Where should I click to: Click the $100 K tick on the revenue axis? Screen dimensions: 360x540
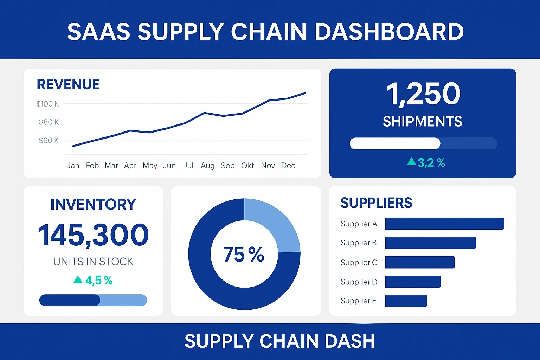[x=48, y=104]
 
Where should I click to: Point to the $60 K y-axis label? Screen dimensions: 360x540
[x=49, y=140]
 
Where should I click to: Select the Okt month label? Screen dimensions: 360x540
[x=247, y=166]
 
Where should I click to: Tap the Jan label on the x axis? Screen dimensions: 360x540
[x=73, y=166]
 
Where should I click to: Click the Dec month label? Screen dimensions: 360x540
[x=288, y=166]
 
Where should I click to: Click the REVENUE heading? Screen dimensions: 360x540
[x=68, y=84]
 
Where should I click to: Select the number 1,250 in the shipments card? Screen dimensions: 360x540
[x=423, y=94]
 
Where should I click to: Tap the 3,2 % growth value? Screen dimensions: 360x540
[x=431, y=163]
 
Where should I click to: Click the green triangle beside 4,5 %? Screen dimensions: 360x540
[x=78, y=280]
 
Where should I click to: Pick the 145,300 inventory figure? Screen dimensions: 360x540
[x=93, y=235]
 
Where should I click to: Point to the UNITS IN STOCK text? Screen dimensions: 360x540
[x=93, y=262]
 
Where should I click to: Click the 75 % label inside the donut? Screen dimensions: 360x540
[x=244, y=254]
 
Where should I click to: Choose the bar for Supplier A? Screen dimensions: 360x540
[x=444, y=224]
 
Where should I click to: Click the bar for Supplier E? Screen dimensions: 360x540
[x=406, y=301]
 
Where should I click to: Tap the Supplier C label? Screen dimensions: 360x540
[x=359, y=263]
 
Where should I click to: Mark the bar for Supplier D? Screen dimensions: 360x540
[x=413, y=282]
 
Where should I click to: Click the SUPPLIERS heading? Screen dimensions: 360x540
[x=376, y=203]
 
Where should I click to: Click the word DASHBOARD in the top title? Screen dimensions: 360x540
[x=389, y=32]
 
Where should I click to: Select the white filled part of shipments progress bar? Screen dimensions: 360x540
[x=395, y=143]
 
